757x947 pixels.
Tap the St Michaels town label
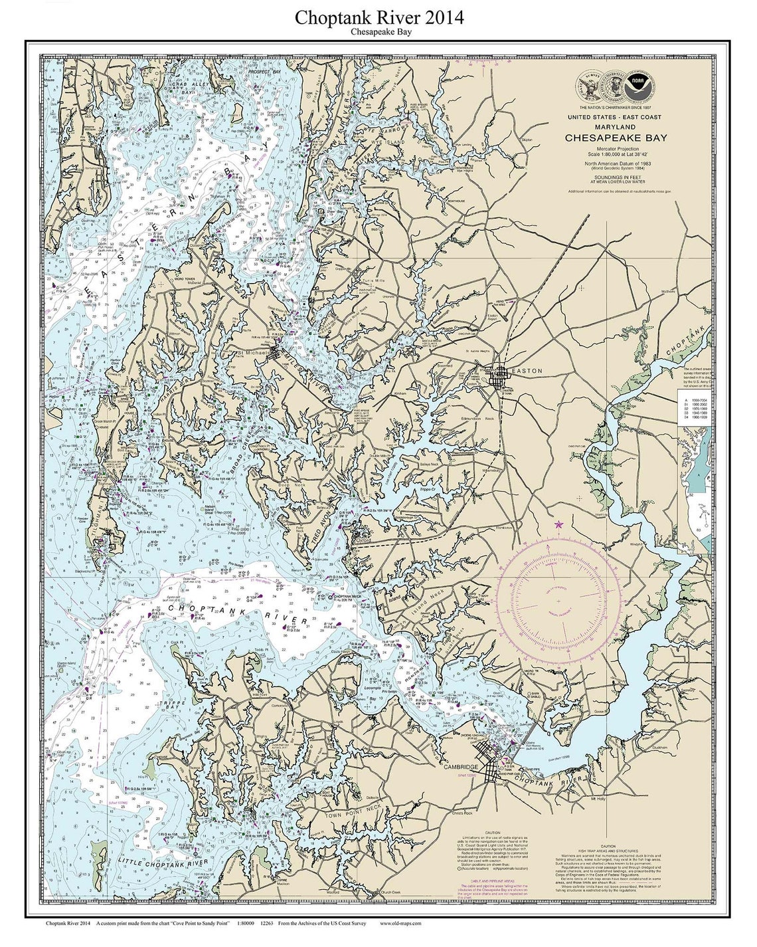click(x=253, y=352)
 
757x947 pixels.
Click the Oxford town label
click(x=363, y=541)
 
